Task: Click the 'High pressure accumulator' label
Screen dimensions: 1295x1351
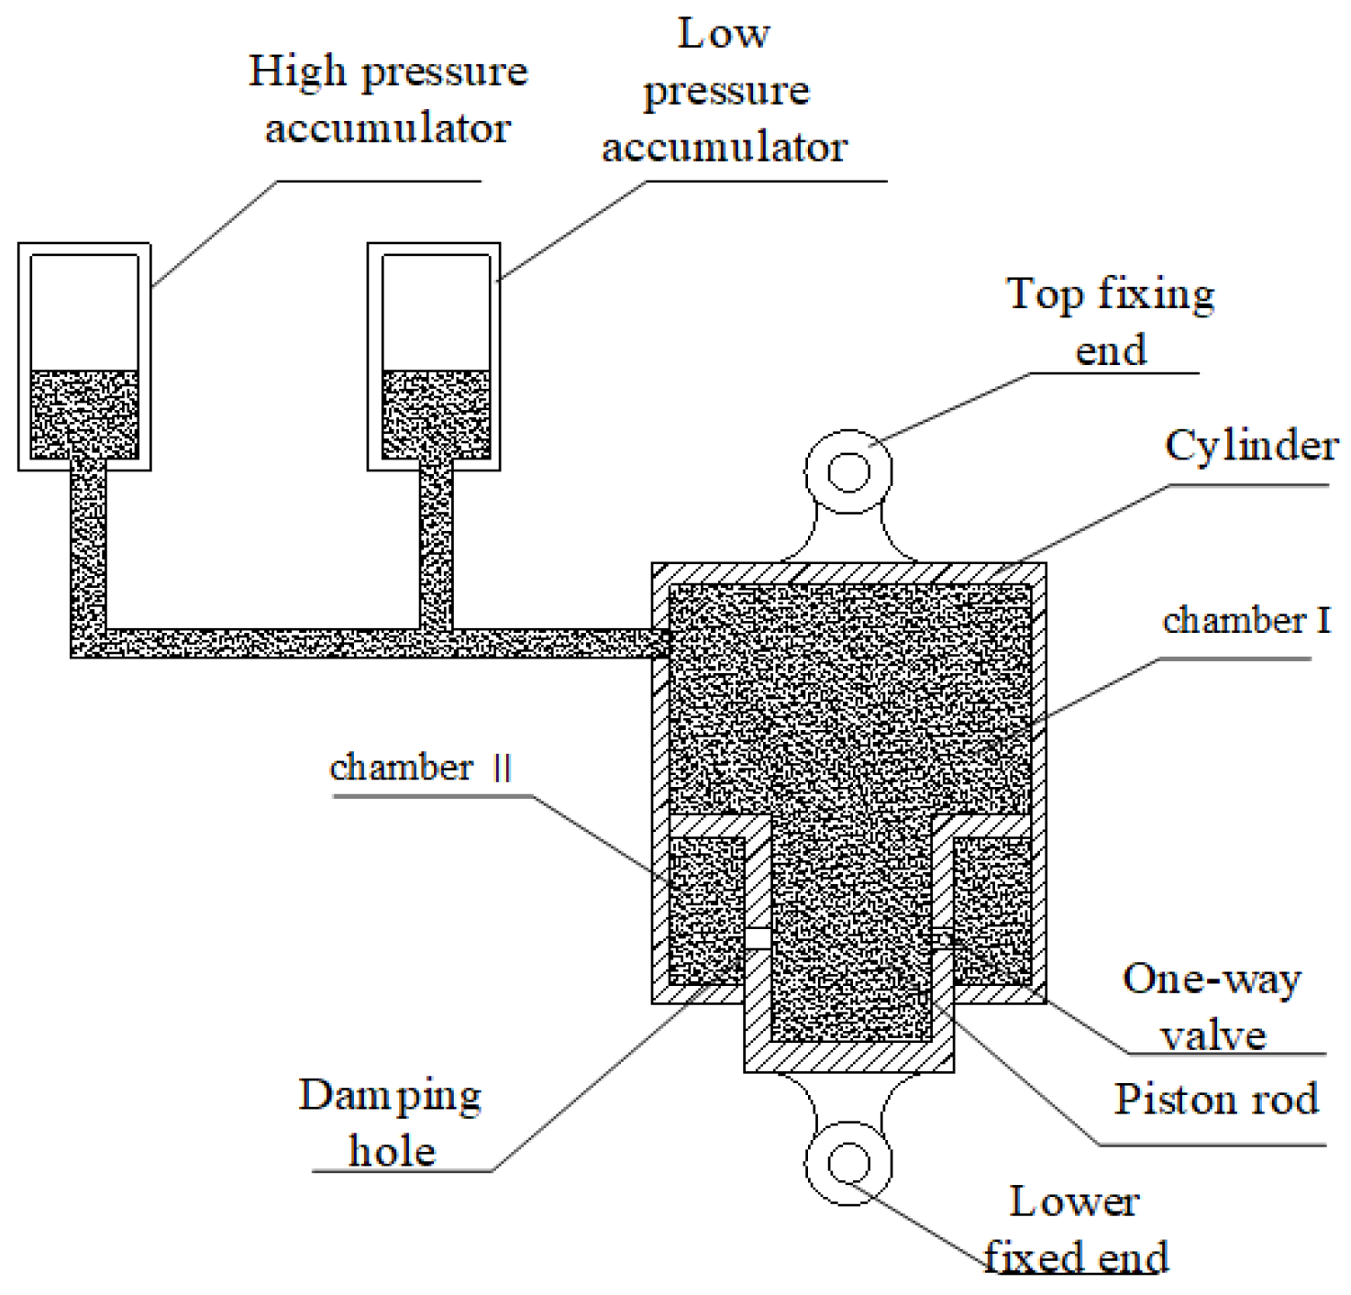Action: pyautogui.click(x=388, y=99)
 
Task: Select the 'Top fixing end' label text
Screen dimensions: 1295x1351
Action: pyautogui.click(x=1111, y=321)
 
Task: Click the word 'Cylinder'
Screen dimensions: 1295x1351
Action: pyautogui.click(x=1251, y=446)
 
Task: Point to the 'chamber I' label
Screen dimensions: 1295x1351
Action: pyautogui.click(x=1246, y=621)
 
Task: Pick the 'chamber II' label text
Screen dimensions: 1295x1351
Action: pyautogui.click(x=421, y=767)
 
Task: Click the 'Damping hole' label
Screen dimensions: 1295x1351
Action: pyautogui.click(x=391, y=1123)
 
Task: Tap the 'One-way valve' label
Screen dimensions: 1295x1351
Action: pyautogui.click(x=1212, y=1007)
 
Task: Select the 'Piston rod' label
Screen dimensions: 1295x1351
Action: pyautogui.click(x=1216, y=1099)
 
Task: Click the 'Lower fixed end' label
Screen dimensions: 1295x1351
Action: pyautogui.click(x=1075, y=1229)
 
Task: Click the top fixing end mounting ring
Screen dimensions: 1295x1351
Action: pyautogui.click(x=848, y=472)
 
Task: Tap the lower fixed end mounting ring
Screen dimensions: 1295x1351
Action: pyautogui.click(x=848, y=1163)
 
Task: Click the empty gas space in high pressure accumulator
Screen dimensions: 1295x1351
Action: pyautogui.click(x=84, y=312)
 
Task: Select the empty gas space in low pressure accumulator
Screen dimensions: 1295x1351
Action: pyautogui.click(x=435, y=312)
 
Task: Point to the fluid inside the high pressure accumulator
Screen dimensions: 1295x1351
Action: pyautogui.click(x=84, y=414)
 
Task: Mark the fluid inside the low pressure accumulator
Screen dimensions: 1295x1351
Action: pyautogui.click(x=435, y=414)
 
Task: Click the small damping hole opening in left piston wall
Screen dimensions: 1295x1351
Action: pyautogui.click(x=757, y=938)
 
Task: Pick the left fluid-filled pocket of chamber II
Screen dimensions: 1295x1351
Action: pyautogui.click(x=706, y=908)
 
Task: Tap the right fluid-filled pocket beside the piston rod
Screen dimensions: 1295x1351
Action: pyautogui.click(x=992, y=908)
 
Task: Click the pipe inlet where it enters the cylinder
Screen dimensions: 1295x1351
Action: pyautogui.click(x=660, y=643)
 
